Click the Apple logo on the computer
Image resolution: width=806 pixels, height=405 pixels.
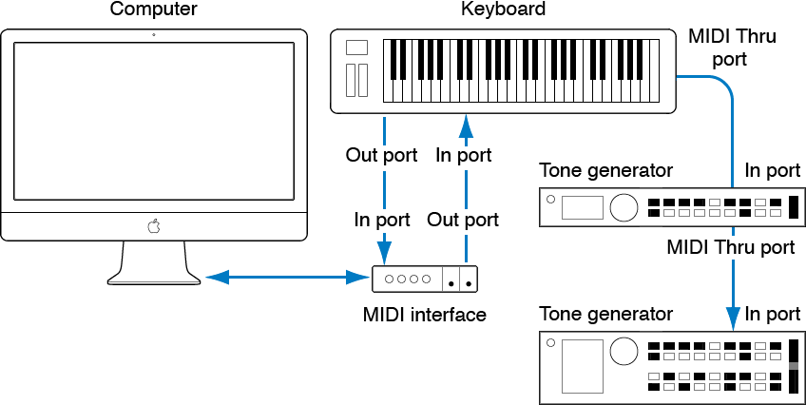[x=153, y=226]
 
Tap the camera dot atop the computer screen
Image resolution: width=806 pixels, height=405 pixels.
[x=153, y=35]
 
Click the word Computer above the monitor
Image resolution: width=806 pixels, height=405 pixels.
[x=153, y=10]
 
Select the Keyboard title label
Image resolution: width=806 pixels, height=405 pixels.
[x=503, y=10]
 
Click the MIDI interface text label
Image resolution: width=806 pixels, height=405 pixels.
[x=425, y=314]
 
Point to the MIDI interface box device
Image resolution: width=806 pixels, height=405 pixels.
[x=424, y=280]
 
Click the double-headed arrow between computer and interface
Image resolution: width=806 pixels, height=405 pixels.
[x=287, y=279]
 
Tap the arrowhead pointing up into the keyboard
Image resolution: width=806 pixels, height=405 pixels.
[x=465, y=126]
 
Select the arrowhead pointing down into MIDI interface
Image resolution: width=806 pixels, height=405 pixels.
[x=383, y=253]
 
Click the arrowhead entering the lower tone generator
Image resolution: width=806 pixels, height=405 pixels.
[x=733, y=317]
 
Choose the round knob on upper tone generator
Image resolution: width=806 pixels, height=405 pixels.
[x=624, y=206]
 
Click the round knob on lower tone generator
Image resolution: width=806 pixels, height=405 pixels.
[x=624, y=351]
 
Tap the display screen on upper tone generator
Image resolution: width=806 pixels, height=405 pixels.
[x=583, y=207]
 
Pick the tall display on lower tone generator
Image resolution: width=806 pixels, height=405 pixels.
[x=582, y=366]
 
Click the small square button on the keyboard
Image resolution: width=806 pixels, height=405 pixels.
[x=356, y=48]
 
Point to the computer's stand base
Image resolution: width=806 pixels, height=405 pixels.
[x=154, y=276]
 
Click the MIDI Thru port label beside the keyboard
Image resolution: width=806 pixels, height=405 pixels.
[x=731, y=48]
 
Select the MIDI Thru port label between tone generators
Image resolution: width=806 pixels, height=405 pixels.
[x=731, y=247]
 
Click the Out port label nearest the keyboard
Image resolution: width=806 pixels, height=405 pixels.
[x=381, y=155]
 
